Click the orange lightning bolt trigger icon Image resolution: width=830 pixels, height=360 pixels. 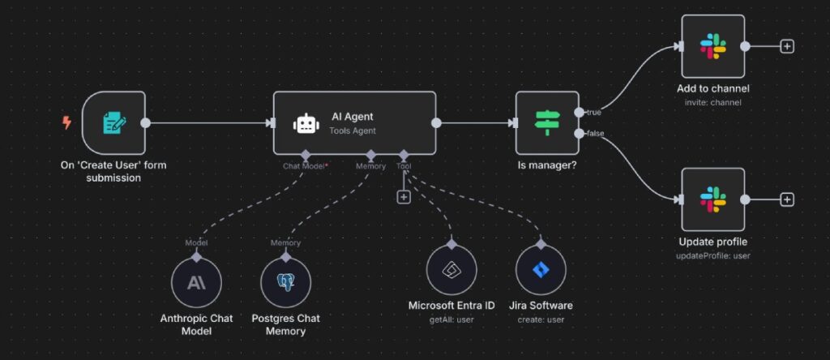(x=66, y=122)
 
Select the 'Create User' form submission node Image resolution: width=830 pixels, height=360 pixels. (x=113, y=122)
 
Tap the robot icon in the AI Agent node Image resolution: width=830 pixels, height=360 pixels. (x=305, y=123)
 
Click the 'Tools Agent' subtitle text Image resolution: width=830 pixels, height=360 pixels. (x=353, y=131)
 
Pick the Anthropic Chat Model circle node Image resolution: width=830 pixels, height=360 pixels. (x=196, y=283)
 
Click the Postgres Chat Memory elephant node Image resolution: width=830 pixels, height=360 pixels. (x=285, y=283)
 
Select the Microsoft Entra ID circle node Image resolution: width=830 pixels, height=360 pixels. (x=451, y=271)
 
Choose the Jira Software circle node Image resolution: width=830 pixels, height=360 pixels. (x=541, y=271)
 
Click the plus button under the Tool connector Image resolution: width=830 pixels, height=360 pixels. (x=404, y=196)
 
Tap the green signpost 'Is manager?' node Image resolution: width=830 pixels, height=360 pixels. (x=547, y=122)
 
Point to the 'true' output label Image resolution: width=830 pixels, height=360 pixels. (x=593, y=112)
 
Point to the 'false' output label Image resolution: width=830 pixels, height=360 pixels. (x=594, y=133)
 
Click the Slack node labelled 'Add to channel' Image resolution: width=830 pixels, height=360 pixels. (x=712, y=46)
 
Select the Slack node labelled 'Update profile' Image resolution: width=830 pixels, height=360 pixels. (x=712, y=199)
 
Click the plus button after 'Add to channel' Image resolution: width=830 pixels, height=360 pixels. (x=786, y=46)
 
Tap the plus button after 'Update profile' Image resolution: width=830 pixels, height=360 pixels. (x=786, y=199)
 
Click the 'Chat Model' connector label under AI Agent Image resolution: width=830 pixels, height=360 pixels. (x=305, y=165)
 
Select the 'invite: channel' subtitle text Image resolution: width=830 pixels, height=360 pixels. (x=712, y=102)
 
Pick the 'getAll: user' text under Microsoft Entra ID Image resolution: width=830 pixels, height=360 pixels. (x=451, y=319)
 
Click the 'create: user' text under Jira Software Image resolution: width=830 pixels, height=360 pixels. (x=541, y=319)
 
